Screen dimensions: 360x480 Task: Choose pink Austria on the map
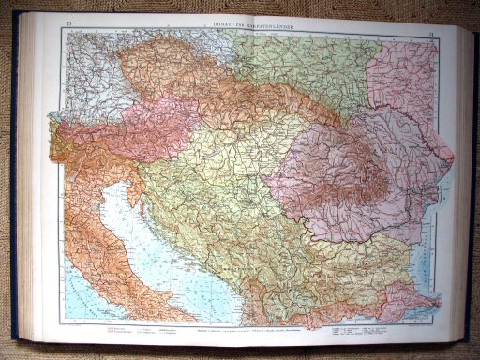point(141,131)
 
